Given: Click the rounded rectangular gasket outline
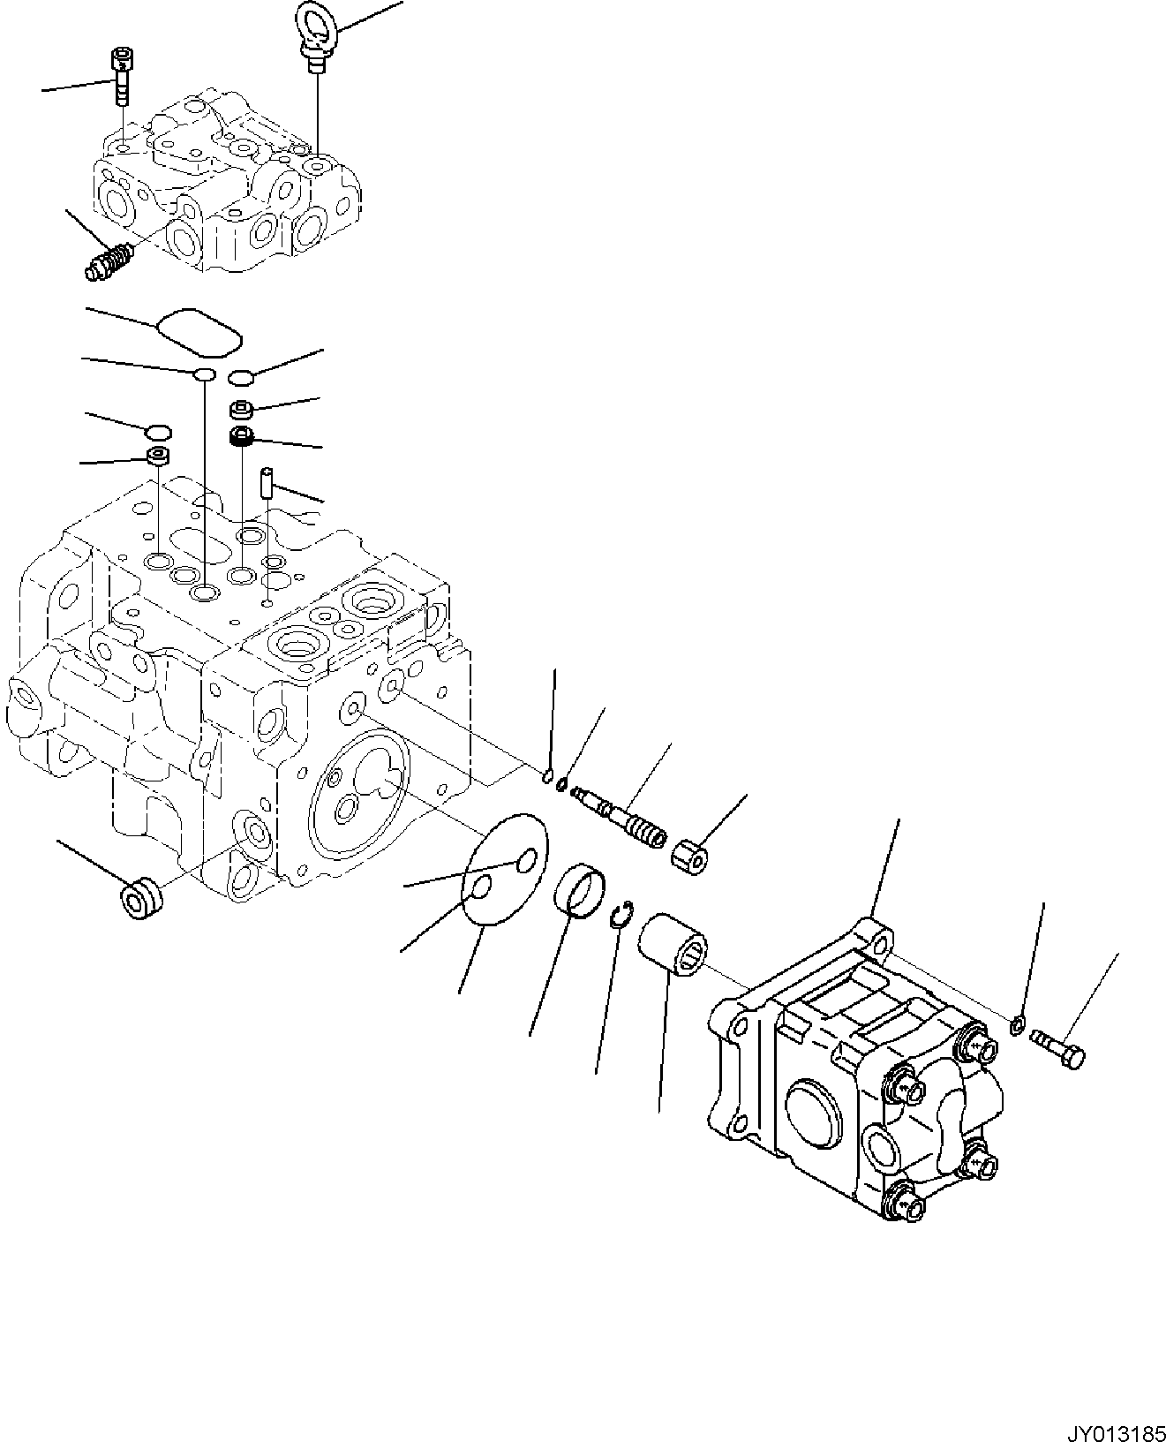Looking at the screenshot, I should point(199,331).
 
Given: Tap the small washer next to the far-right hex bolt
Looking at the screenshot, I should point(1017,1025).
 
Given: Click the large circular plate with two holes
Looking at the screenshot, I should point(505,870).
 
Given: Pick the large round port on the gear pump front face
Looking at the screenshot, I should point(812,1108).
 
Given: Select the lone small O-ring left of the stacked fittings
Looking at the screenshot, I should point(158,431).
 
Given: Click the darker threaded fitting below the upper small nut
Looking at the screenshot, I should point(242,434).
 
